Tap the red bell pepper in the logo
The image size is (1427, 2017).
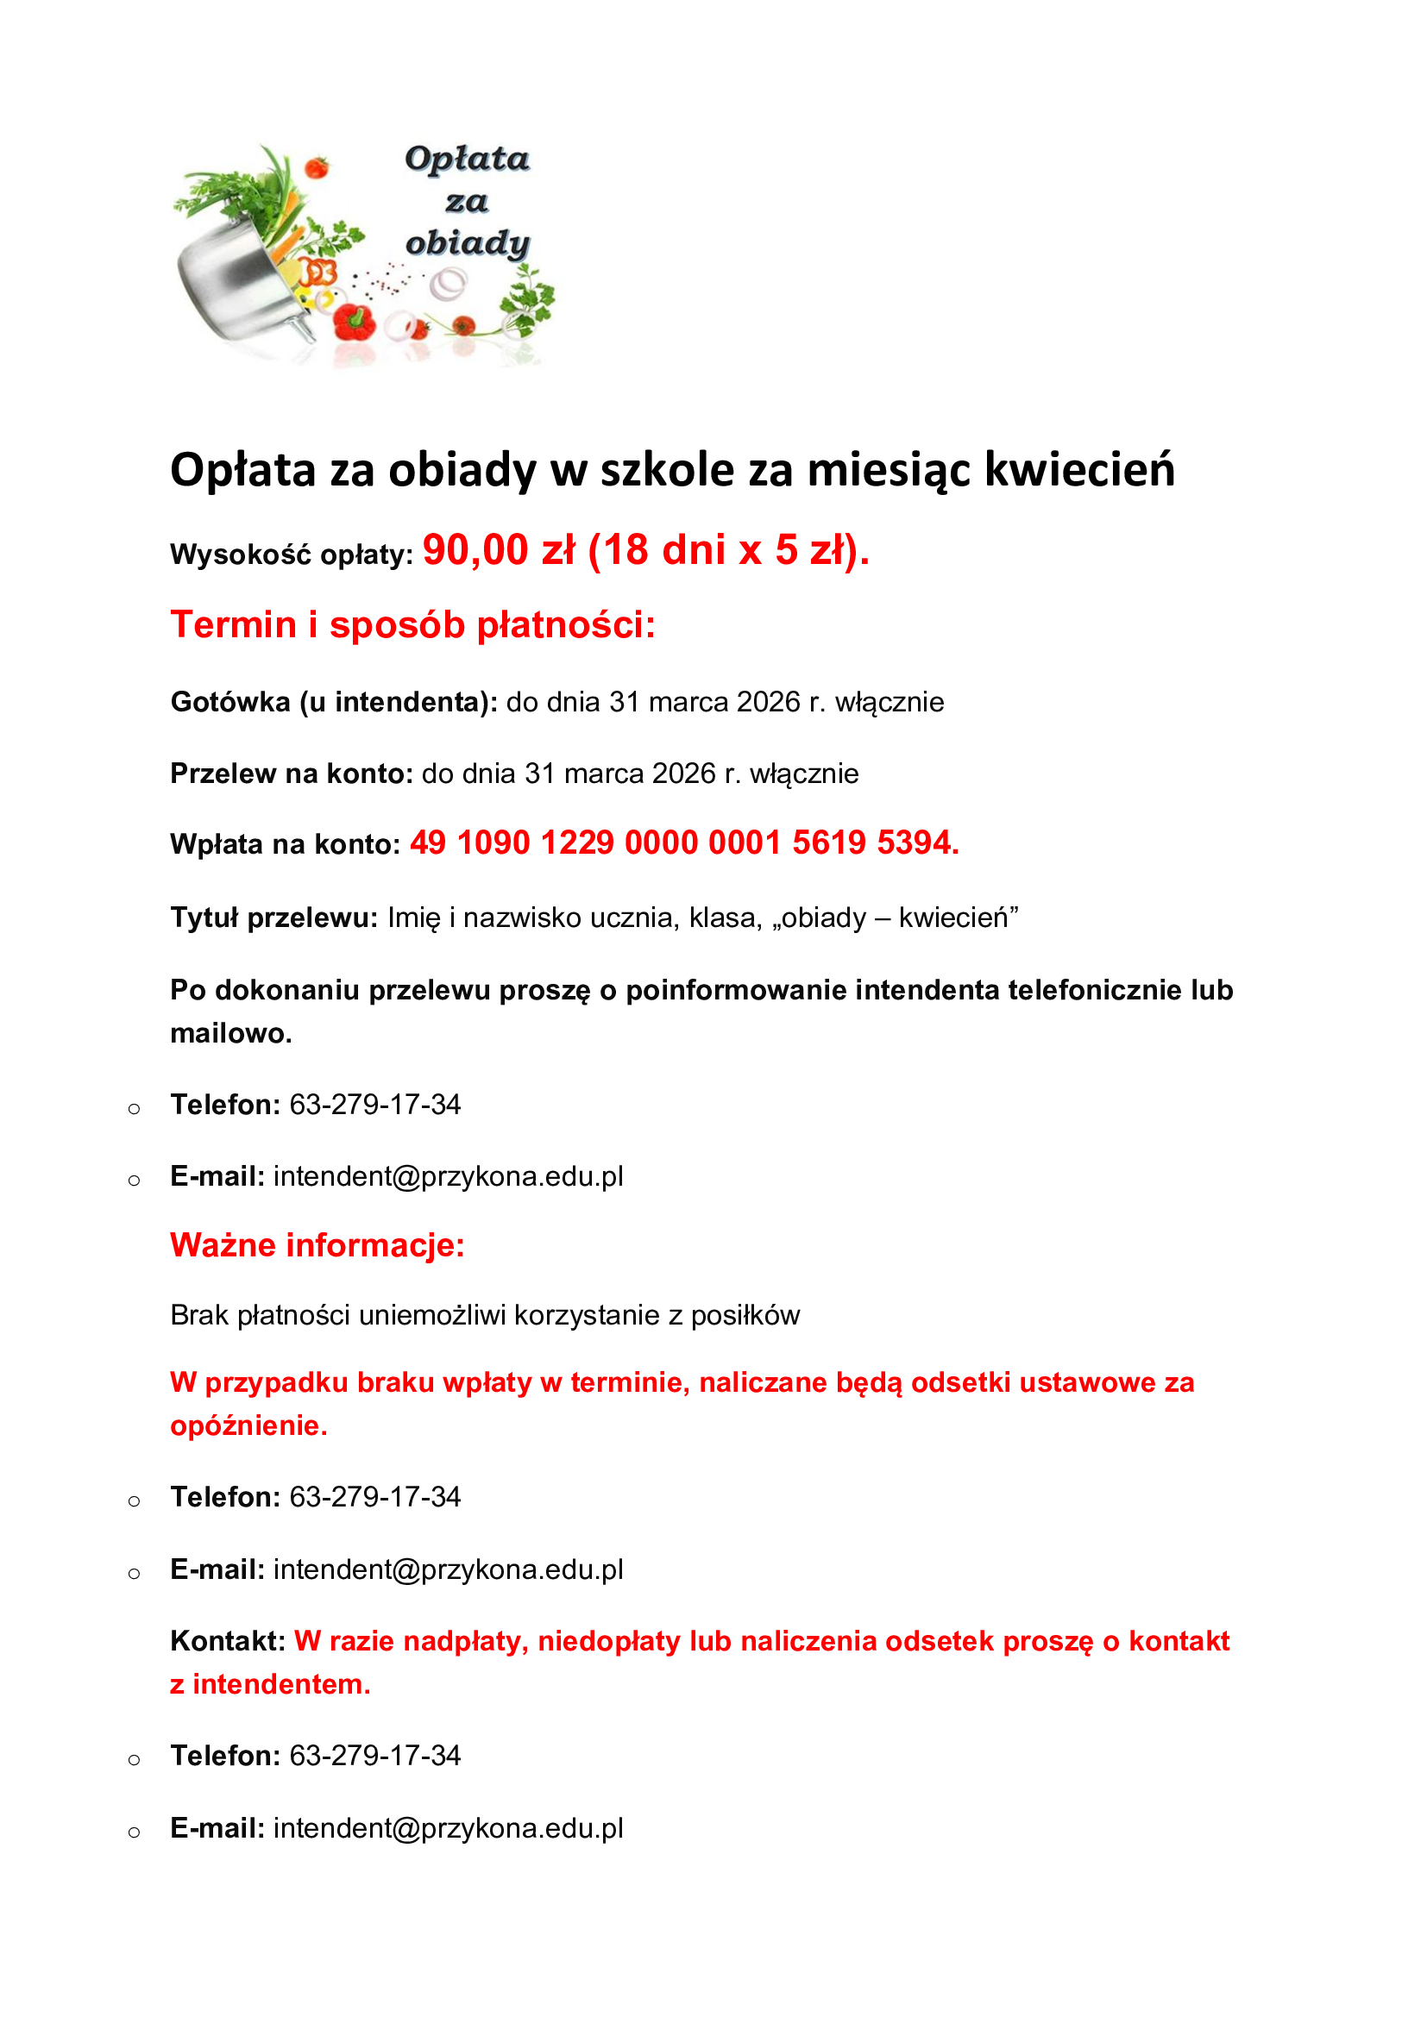click(355, 323)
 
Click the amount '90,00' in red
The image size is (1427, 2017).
click(475, 551)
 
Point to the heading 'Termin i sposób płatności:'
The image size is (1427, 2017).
click(413, 625)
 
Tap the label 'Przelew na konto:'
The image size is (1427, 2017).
click(291, 774)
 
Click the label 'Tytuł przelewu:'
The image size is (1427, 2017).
click(273, 918)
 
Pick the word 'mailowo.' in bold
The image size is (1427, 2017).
click(231, 1034)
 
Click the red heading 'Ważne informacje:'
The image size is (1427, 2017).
click(317, 1246)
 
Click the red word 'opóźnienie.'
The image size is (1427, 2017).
click(248, 1425)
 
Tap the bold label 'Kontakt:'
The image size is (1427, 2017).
click(228, 1641)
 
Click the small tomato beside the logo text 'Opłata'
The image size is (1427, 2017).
click(317, 167)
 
